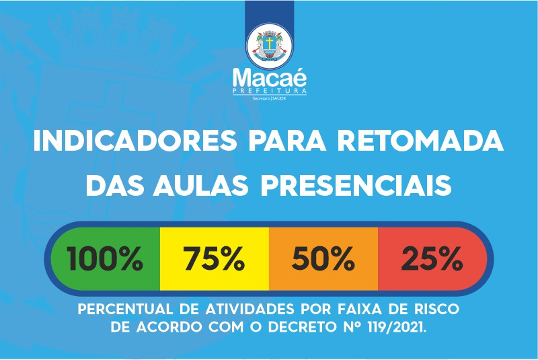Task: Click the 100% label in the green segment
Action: (105, 259)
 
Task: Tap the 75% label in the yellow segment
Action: (214, 259)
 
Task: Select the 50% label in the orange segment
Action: (323, 259)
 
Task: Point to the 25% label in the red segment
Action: (432, 259)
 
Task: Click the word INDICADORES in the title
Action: (135, 141)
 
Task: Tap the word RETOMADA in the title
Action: (421, 141)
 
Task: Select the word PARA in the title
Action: (287, 141)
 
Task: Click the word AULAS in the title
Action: (200, 185)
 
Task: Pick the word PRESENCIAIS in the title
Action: (356, 185)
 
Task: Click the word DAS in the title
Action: (114, 185)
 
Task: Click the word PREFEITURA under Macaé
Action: (270, 91)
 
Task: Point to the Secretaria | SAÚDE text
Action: (270, 98)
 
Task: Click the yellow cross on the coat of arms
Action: (270, 43)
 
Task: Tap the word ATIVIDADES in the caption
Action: (249, 310)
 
